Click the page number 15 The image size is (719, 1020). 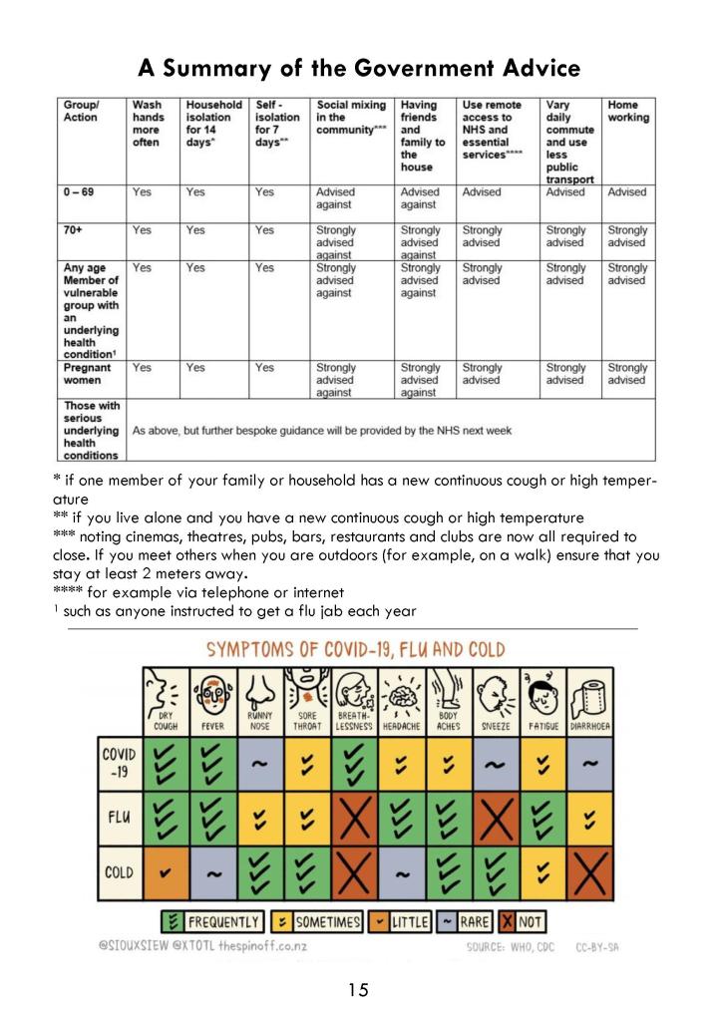pyautogui.click(x=358, y=989)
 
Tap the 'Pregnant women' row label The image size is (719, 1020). pyautogui.click(x=88, y=374)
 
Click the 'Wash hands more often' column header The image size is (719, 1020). pyautogui.click(x=147, y=124)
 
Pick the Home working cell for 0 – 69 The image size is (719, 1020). pyautogui.click(x=627, y=192)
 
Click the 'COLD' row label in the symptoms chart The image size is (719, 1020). pyautogui.click(x=119, y=872)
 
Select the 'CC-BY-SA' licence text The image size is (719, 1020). pyautogui.click(x=596, y=946)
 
